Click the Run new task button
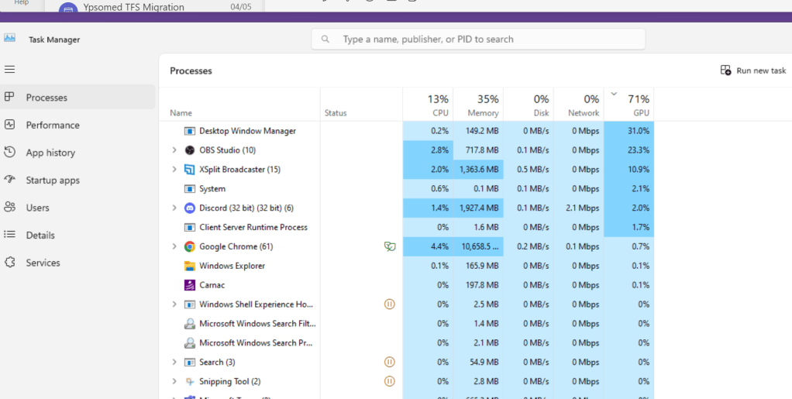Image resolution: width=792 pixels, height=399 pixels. click(753, 71)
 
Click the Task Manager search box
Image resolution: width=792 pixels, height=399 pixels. click(478, 39)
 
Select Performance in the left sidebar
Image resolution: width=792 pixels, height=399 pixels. click(53, 126)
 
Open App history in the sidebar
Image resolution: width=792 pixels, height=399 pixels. click(50, 153)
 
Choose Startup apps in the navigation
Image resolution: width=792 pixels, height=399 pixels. click(53, 181)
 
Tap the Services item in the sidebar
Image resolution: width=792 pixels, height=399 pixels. click(43, 263)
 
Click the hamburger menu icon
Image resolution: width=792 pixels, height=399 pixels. click(9, 69)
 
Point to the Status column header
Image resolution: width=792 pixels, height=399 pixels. click(336, 113)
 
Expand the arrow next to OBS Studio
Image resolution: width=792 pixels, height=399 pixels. click(174, 150)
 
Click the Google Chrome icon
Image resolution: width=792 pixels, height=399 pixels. click(189, 246)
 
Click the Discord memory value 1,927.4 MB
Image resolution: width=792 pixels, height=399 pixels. click(479, 208)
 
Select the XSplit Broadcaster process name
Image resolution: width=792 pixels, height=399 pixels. click(239, 169)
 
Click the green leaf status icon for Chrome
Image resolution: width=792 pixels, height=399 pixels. click(390, 246)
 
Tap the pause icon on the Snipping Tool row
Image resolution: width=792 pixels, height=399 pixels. click(390, 381)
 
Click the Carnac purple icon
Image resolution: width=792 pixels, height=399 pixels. click(189, 285)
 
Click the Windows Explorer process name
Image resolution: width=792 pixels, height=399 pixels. click(232, 266)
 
